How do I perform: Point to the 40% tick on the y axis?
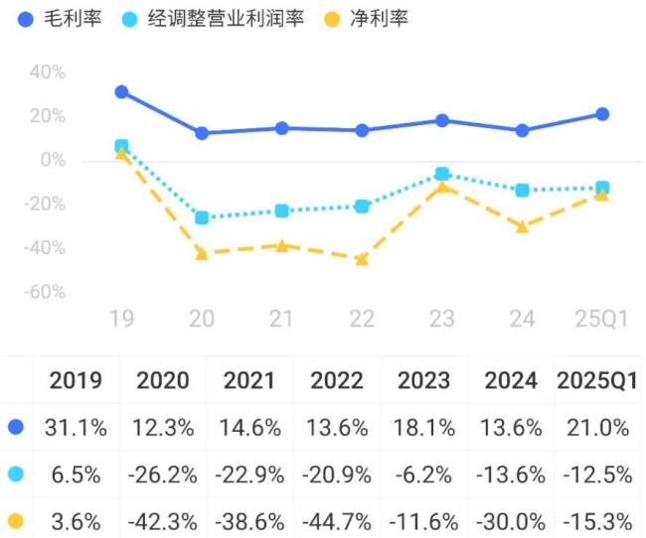point(48,72)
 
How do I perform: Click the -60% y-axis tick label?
point(44,293)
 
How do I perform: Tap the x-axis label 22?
point(362,319)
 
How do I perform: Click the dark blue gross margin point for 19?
point(121,91)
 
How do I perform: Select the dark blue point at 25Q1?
point(602,114)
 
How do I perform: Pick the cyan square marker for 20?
point(202,217)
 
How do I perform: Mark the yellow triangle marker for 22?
point(362,259)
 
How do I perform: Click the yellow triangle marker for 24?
point(522,226)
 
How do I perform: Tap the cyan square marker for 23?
point(442,174)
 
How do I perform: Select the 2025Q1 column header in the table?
point(597,380)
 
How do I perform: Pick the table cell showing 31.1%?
point(76,428)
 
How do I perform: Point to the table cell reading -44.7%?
point(337,520)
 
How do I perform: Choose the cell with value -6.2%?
point(423,474)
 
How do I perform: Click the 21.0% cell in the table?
point(597,428)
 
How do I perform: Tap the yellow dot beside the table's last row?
point(15,520)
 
